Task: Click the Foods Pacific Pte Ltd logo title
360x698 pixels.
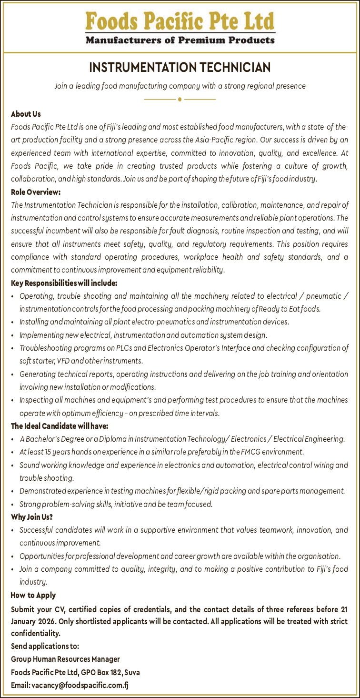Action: [180, 21]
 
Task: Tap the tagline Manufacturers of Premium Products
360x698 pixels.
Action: [180, 40]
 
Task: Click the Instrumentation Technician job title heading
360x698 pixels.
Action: [180, 68]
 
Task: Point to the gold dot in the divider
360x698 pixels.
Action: [180, 100]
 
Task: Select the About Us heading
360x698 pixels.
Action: [26, 114]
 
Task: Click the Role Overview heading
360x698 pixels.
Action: [36, 192]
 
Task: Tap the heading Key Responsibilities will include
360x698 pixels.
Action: [64, 283]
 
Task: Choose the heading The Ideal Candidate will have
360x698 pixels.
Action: [60, 425]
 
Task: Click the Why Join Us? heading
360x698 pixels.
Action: [32, 517]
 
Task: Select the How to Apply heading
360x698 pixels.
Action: [33, 595]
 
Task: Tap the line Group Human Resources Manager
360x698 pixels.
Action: [65, 659]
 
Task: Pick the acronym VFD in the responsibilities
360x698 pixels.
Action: [63, 361]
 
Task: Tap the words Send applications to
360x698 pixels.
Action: [45, 646]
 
